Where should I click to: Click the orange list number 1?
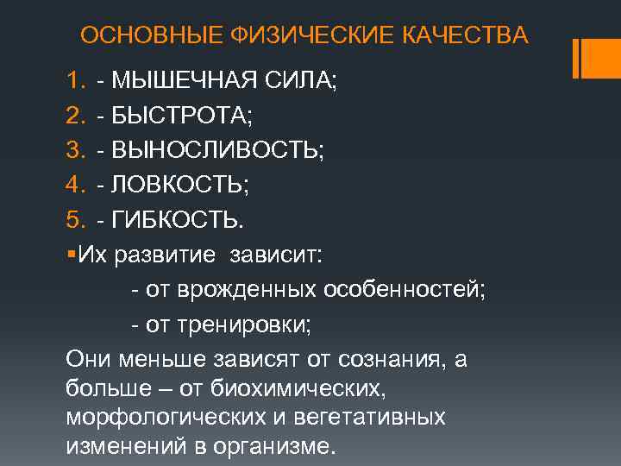click(73, 82)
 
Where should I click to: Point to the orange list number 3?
click(73, 151)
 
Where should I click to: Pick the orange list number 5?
click(73, 220)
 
